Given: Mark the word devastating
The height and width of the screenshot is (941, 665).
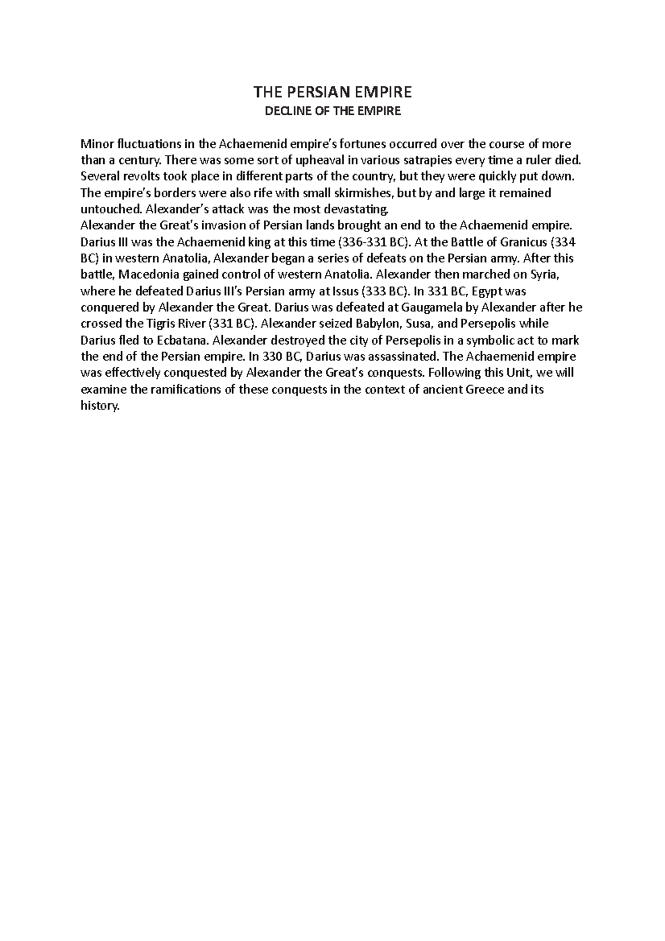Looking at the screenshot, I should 359,209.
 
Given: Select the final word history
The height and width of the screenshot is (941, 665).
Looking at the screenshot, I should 100,406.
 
